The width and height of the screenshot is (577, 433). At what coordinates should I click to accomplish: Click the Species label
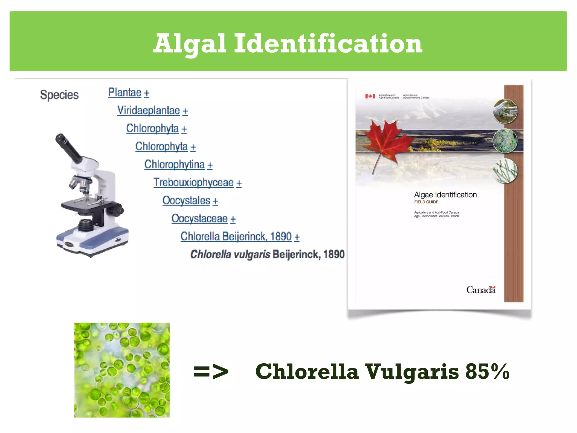59,95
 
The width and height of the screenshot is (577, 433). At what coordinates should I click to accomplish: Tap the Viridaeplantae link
148,111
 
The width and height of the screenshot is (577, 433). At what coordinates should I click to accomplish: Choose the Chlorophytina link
174,164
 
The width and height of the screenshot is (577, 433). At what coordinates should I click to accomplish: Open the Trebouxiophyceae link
194,182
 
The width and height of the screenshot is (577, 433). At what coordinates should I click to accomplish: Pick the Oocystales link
186,200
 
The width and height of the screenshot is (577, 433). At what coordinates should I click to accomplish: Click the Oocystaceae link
199,218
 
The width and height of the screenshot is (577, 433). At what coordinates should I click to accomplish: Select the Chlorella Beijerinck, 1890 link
236,237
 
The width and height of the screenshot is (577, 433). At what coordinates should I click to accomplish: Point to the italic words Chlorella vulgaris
230,254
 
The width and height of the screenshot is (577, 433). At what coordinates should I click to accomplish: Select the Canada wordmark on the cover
481,290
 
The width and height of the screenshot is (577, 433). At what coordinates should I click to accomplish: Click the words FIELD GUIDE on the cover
426,202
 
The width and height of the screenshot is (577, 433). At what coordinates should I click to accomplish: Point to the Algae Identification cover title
445,195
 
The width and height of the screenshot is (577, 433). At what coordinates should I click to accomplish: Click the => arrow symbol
211,372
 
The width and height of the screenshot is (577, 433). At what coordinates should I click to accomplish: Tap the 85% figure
487,372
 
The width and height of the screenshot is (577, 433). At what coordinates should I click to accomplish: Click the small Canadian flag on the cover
370,96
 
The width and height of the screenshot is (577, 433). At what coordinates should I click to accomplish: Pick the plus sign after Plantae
147,93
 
